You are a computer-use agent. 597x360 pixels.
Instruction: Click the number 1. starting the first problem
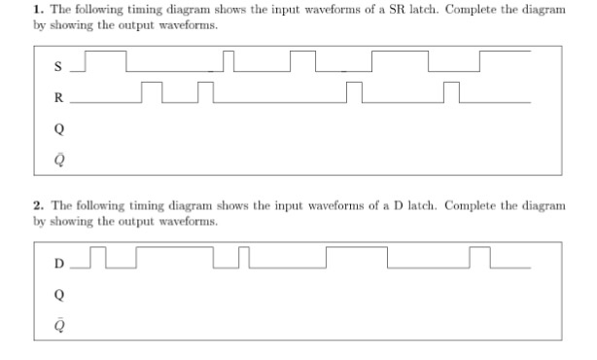[35, 9]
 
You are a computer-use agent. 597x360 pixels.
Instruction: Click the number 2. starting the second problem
[35, 205]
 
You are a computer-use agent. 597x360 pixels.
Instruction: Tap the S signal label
[59, 67]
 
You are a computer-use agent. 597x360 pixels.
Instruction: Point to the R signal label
[59, 97]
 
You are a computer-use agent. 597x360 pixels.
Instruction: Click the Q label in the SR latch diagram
[59, 126]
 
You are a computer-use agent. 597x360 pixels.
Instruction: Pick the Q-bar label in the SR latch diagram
[59, 155]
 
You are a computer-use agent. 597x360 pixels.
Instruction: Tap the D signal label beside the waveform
[59, 264]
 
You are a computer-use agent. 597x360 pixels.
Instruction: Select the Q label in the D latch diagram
[59, 293]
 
